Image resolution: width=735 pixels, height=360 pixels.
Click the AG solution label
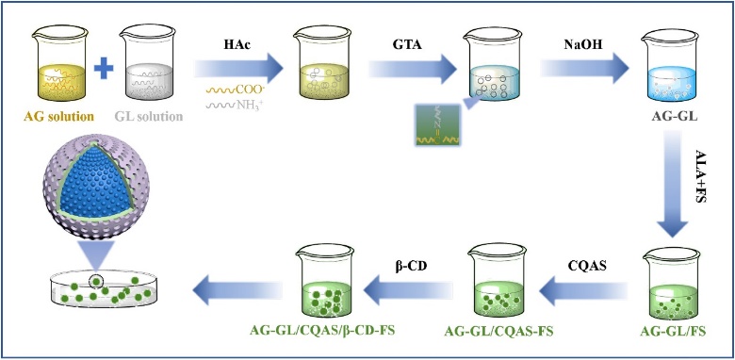pyautogui.click(x=58, y=116)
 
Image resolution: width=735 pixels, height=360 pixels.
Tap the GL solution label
pyautogui.click(x=148, y=116)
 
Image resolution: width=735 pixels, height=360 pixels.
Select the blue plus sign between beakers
pyautogui.click(x=104, y=69)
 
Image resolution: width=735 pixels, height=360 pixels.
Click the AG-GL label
pyautogui.click(x=675, y=116)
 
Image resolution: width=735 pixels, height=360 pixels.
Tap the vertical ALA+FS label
pyautogui.click(x=702, y=176)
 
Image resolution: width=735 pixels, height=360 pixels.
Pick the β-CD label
pyautogui.click(x=410, y=266)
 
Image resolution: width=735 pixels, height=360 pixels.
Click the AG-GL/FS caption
pyautogui.click(x=673, y=332)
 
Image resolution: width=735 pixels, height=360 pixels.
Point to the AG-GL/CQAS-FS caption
pyautogui.click(x=498, y=332)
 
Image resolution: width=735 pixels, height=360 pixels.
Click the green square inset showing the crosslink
pyautogui.click(x=438, y=124)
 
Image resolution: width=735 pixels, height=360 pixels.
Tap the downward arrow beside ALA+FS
pyautogui.click(x=674, y=184)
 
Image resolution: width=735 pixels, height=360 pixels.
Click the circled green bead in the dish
pyautogui.click(x=96, y=281)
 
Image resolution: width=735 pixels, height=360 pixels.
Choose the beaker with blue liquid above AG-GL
pyautogui.click(x=671, y=65)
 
